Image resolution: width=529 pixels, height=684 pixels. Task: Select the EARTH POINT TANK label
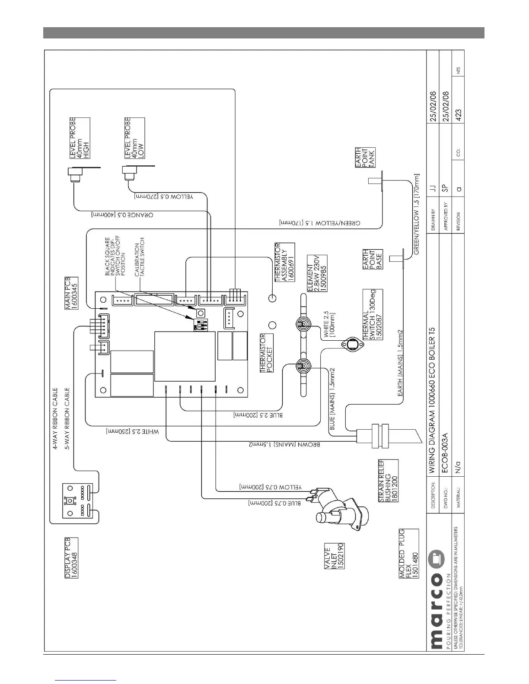366,158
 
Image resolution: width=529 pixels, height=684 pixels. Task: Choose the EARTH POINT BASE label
373,259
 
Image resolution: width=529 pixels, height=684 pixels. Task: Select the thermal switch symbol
349,344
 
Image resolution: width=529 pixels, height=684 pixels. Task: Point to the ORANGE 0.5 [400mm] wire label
122,215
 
